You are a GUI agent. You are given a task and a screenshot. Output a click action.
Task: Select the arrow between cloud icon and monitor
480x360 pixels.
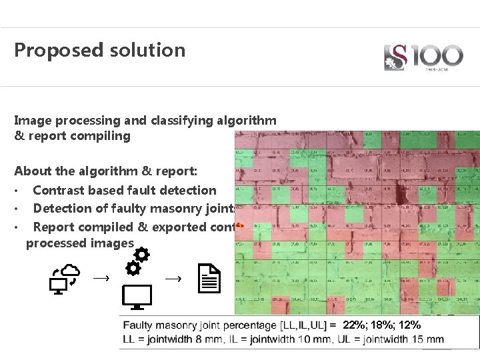(x=101, y=277)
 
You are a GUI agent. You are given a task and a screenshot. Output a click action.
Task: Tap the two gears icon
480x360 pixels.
(x=137, y=261)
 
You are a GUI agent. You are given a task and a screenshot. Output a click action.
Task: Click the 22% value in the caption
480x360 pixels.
(x=353, y=325)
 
